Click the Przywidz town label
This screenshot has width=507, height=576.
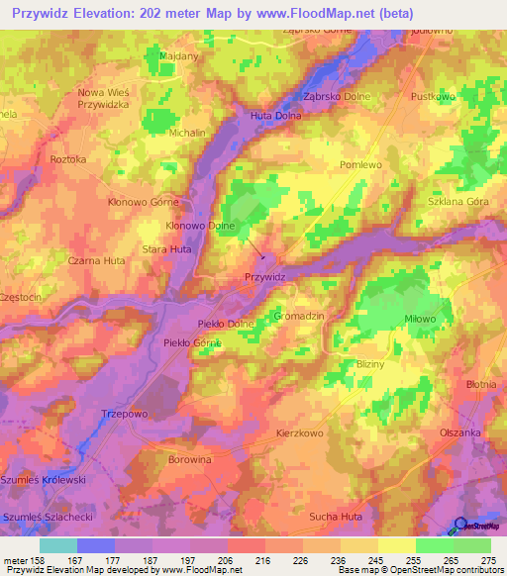tap(264, 278)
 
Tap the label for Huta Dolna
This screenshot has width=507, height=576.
tap(273, 116)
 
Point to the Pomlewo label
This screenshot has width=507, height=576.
tap(359, 164)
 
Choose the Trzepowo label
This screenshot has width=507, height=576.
tap(124, 414)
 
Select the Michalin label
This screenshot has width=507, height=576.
tap(187, 132)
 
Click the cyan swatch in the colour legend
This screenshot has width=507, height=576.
tap(57, 545)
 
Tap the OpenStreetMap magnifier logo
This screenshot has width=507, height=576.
tap(461, 527)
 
